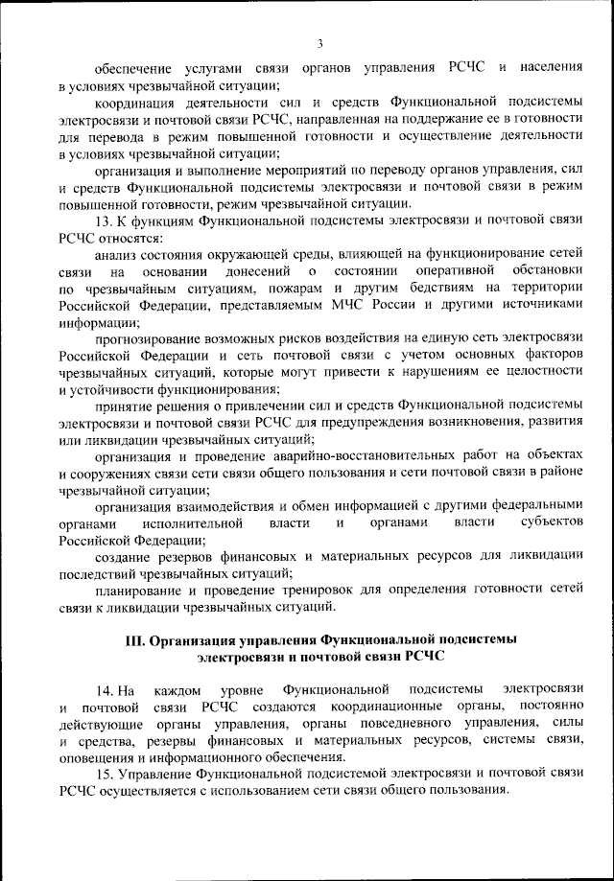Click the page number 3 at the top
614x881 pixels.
point(319,43)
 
